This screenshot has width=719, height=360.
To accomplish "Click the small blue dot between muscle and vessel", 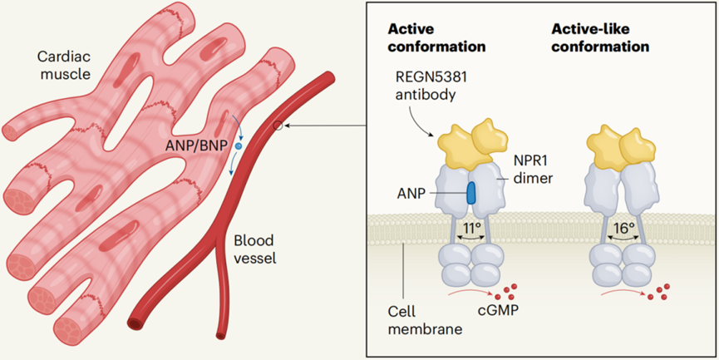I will [239, 146].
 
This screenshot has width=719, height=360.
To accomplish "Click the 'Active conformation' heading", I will [436, 36].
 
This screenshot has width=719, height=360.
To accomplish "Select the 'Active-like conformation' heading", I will [600, 36].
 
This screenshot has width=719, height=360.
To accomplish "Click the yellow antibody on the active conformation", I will [471, 142].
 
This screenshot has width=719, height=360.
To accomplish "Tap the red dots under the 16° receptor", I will [660, 292].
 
